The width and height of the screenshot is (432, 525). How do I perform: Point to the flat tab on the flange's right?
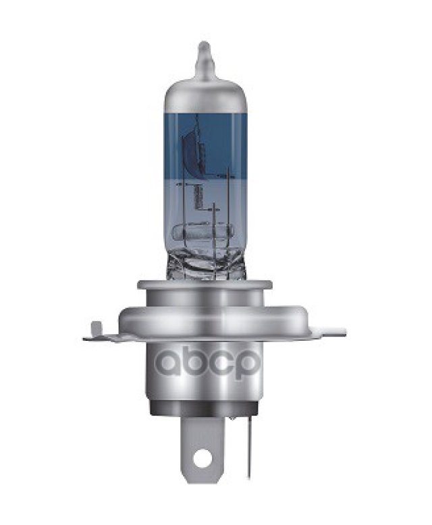[330, 332]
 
